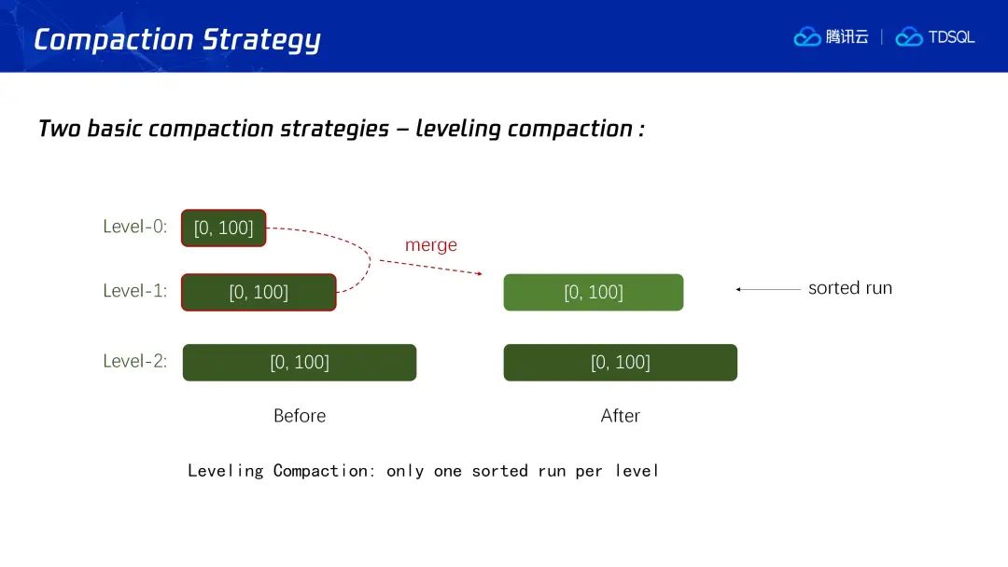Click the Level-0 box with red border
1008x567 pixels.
click(x=223, y=228)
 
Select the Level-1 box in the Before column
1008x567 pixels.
click(x=259, y=292)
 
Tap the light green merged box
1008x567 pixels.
click(x=594, y=292)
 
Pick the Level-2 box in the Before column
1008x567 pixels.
click(x=300, y=362)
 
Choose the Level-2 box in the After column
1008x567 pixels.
click(x=621, y=362)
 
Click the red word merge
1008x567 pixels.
click(x=430, y=245)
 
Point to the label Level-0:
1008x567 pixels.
click(x=135, y=226)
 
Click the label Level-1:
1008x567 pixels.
click(x=135, y=290)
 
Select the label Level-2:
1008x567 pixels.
click(x=135, y=361)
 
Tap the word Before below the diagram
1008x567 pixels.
click(x=300, y=415)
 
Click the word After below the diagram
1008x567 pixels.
click(x=621, y=415)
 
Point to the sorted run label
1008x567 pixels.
click(x=850, y=287)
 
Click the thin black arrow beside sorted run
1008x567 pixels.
click(x=768, y=290)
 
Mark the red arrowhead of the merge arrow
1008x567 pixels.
click(x=480, y=273)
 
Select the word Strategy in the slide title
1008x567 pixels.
click(x=261, y=40)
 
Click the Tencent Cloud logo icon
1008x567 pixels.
click(x=806, y=37)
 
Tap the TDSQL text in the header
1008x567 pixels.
click(x=951, y=37)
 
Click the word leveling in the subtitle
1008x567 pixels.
click(x=457, y=129)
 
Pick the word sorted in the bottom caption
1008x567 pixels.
click(x=499, y=471)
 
